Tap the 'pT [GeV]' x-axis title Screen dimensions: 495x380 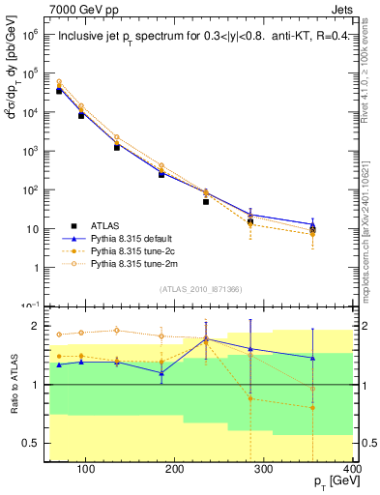[334, 481]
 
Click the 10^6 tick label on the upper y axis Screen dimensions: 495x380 [32, 34]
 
